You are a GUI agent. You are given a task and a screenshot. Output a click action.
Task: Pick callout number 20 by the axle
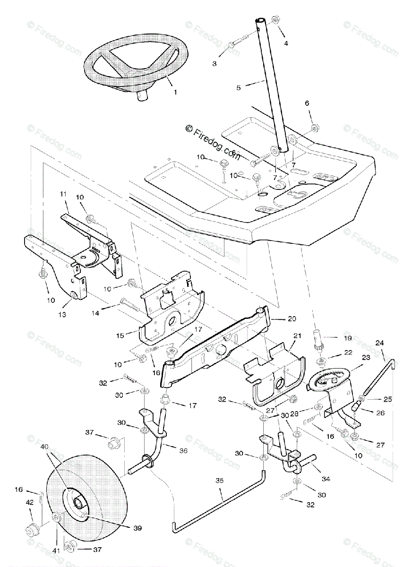[x=292, y=319]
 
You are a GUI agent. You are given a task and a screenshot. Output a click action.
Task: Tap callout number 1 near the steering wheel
[x=175, y=92]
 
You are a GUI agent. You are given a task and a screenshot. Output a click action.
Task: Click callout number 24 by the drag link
[x=379, y=344]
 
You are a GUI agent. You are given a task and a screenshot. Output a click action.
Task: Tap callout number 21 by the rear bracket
[x=297, y=336]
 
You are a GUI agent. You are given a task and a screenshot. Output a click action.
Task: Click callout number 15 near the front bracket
[x=120, y=335]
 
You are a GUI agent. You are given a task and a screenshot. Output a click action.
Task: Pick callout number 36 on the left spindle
[x=183, y=451]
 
